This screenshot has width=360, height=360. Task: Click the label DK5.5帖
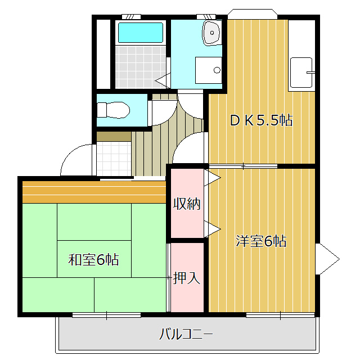(x=261, y=120)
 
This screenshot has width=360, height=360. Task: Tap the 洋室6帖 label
(x=261, y=242)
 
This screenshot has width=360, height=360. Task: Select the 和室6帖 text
(x=93, y=260)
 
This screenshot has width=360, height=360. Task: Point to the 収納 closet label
(x=187, y=204)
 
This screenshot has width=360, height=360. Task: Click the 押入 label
(x=187, y=277)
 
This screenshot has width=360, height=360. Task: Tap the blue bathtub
(x=140, y=33)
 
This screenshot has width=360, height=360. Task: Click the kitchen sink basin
(x=301, y=73)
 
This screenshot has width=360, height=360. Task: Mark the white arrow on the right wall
(x=327, y=259)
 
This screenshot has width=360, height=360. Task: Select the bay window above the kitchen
(x=252, y=13)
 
